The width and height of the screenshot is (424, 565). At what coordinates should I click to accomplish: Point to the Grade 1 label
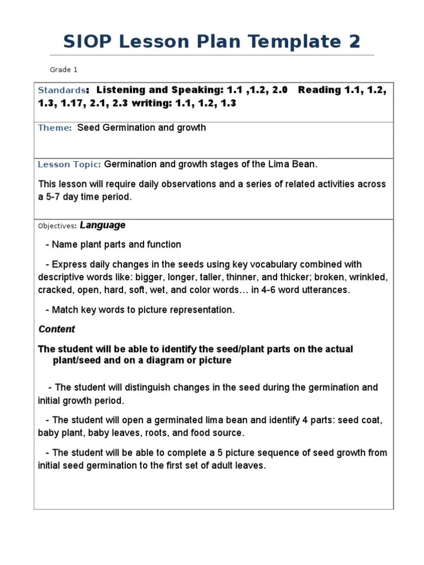[64, 70]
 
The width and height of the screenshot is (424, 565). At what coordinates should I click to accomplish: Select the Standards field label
[61, 90]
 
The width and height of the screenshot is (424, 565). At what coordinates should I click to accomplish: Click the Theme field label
[54, 128]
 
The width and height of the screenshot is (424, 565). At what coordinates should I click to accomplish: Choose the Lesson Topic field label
[69, 164]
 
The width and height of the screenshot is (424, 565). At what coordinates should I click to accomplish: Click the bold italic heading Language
[103, 225]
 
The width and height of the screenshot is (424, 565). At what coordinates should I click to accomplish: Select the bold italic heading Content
[56, 329]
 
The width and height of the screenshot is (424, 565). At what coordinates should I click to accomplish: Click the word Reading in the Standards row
[317, 90]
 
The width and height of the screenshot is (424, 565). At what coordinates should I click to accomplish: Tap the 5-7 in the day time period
[58, 197]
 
